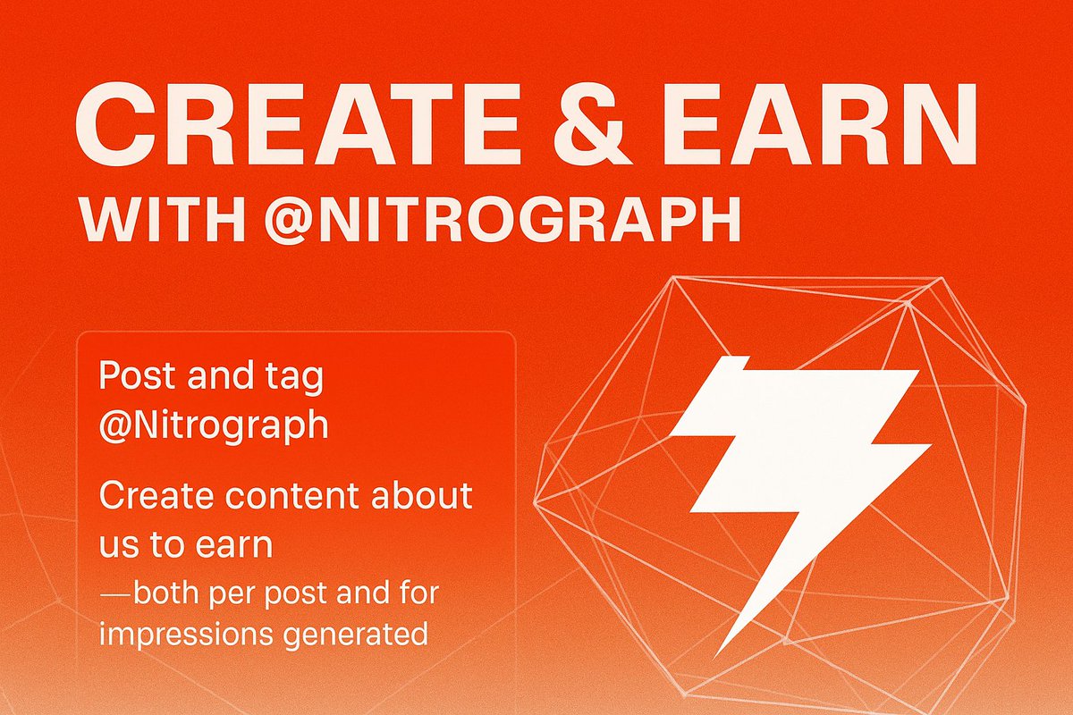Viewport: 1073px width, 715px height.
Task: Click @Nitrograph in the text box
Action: tap(214, 425)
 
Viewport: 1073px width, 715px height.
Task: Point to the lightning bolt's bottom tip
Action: tap(721, 650)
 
